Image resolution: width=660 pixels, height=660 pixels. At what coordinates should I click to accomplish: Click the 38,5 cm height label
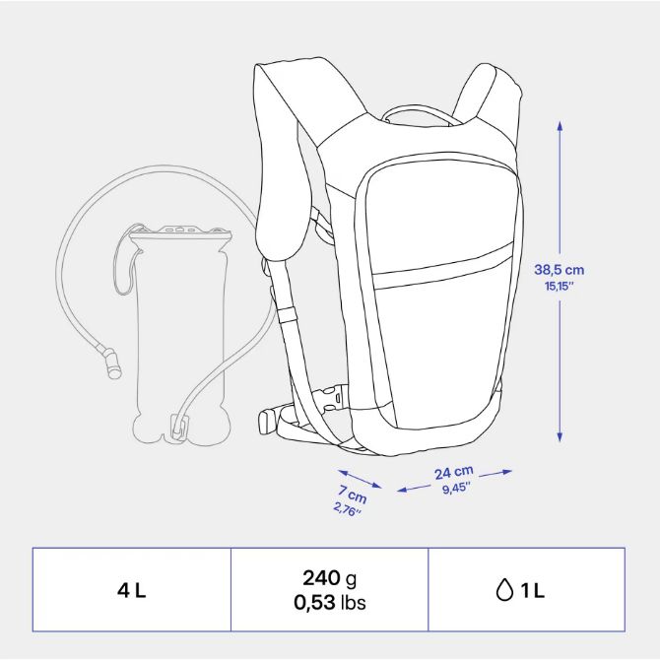(559, 269)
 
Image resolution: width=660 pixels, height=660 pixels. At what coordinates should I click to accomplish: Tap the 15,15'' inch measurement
(560, 287)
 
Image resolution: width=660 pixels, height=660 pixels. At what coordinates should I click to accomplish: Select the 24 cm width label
(454, 473)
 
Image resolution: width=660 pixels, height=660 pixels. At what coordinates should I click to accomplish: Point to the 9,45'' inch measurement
(456, 489)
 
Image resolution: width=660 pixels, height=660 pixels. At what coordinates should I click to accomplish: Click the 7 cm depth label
(353, 494)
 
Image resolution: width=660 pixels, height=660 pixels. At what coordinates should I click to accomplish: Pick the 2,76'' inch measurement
(348, 509)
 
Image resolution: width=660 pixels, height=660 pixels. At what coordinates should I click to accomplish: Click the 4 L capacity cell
(131, 590)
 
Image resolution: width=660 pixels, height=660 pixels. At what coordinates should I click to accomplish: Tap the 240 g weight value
(330, 578)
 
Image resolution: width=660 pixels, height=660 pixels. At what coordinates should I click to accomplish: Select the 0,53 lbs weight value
(330, 602)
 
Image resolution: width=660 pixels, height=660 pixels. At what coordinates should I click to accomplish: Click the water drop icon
(504, 590)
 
